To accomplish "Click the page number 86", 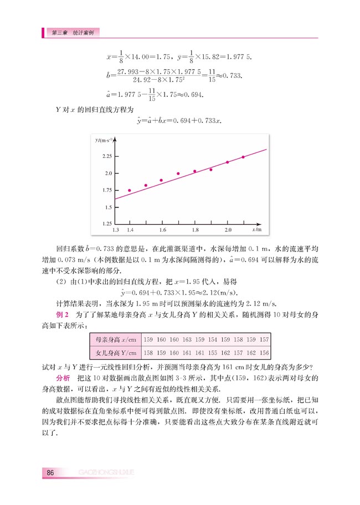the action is click(50, 472).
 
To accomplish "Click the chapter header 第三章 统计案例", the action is click(72, 33).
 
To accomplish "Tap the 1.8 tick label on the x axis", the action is click(195, 229).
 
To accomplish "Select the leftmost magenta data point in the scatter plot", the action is click(130, 190).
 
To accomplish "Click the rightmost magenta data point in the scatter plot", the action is click(243, 157).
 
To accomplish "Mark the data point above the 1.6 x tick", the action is click(161, 180).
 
